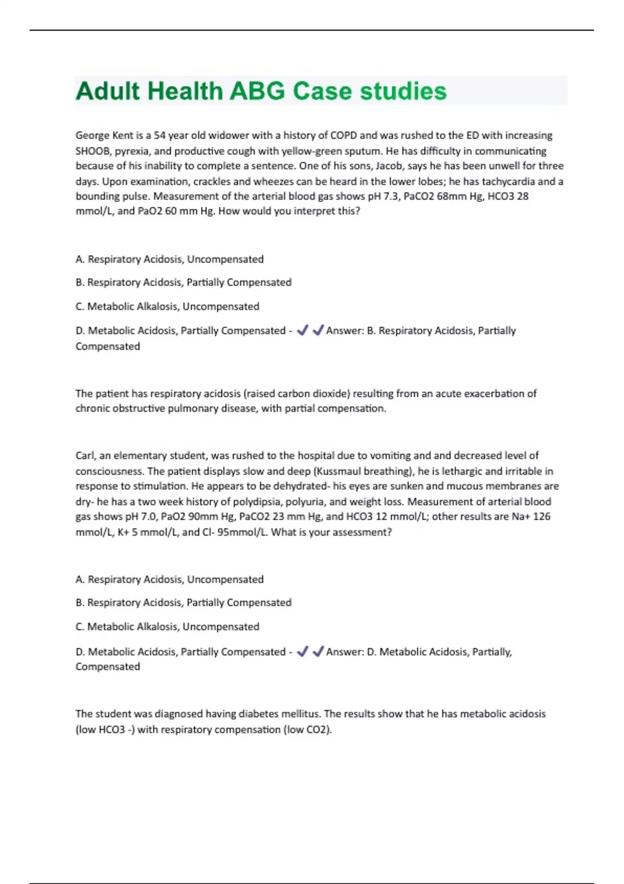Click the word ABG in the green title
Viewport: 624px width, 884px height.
(257, 92)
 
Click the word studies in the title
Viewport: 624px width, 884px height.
(403, 92)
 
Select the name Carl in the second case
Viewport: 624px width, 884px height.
(85, 456)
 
